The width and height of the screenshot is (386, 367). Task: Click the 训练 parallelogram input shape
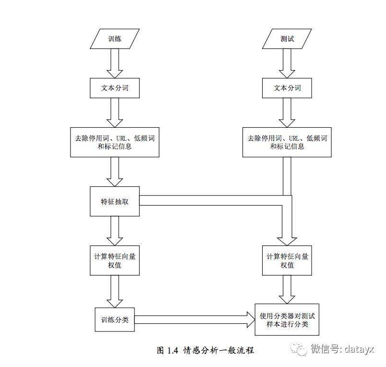tap(115, 39)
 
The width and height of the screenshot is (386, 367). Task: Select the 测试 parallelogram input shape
tap(287, 39)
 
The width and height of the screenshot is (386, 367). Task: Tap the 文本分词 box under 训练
tap(115, 88)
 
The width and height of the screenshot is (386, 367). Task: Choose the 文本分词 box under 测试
tap(287, 88)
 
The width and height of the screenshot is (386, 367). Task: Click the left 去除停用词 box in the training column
tap(115, 142)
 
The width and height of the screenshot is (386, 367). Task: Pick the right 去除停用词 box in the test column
tap(287, 142)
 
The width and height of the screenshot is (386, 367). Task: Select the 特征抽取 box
tap(115, 201)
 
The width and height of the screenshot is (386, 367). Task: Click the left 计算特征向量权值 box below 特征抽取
tap(115, 260)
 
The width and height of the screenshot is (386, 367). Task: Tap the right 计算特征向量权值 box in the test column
tap(287, 260)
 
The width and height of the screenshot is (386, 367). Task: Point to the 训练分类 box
tap(115, 319)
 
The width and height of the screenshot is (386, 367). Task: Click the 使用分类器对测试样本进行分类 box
tap(287, 320)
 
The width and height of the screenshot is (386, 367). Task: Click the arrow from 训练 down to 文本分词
tap(115, 63)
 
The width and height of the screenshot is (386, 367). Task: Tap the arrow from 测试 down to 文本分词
tap(287, 63)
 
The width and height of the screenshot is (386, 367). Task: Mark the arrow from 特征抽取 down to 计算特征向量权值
tap(115, 231)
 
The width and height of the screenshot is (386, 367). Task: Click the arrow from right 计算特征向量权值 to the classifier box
tap(287, 290)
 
